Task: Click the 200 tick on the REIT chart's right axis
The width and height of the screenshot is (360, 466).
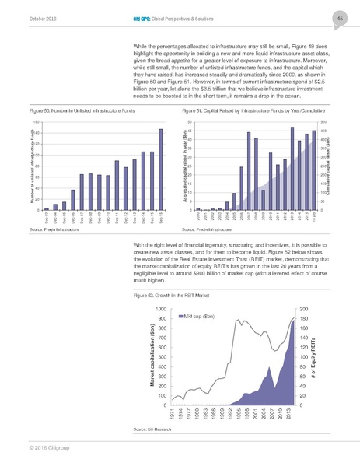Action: pos(303,309)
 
